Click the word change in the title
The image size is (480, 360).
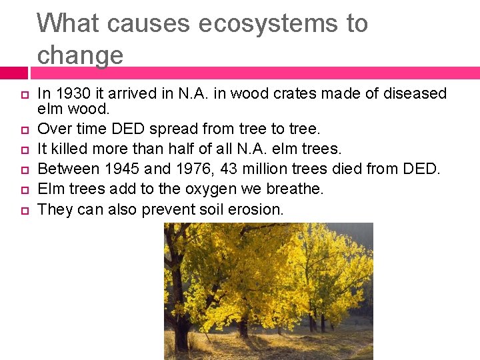(x=80, y=55)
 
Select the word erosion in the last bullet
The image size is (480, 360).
(x=257, y=209)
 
